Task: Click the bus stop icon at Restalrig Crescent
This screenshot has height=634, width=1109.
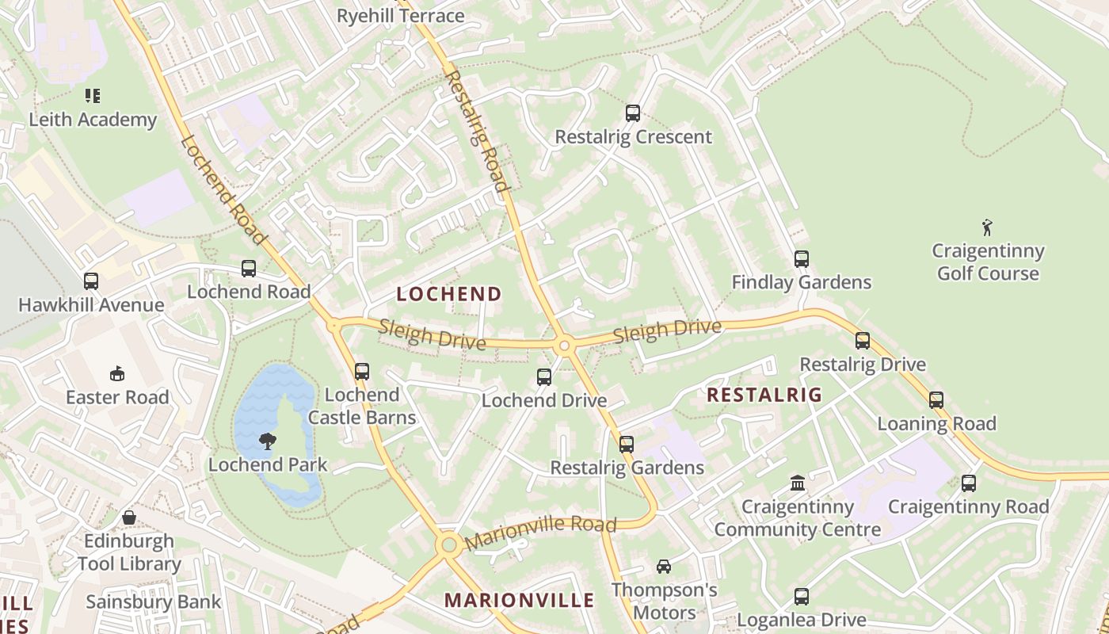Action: pyautogui.click(x=632, y=113)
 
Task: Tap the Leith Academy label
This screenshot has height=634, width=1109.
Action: pyautogui.click(x=93, y=120)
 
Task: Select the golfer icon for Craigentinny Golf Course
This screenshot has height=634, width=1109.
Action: pyautogui.click(x=987, y=228)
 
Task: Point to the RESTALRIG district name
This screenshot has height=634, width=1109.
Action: pyautogui.click(x=764, y=395)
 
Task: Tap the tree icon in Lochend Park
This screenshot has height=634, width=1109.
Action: pyautogui.click(x=268, y=441)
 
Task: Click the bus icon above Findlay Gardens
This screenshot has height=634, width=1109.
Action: pyautogui.click(x=801, y=259)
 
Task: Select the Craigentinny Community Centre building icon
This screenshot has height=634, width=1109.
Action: pyautogui.click(x=798, y=483)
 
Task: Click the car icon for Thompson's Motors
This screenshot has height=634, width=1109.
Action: pyautogui.click(x=664, y=567)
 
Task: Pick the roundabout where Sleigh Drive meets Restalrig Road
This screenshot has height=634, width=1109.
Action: pyautogui.click(x=564, y=346)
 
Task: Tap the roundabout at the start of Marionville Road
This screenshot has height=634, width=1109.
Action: pyautogui.click(x=449, y=544)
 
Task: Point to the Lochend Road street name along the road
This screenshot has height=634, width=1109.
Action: pyautogui.click(x=223, y=190)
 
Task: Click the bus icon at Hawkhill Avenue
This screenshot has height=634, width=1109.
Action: pyautogui.click(x=91, y=281)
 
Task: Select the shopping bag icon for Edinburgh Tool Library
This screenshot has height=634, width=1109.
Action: pyautogui.click(x=129, y=518)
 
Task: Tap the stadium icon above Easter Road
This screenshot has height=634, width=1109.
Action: pyautogui.click(x=117, y=373)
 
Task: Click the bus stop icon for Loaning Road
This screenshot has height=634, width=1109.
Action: pyautogui.click(x=936, y=400)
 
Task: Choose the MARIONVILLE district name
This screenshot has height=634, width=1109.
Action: pyautogui.click(x=519, y=600)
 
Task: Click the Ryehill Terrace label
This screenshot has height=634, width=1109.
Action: pyautogui.click(x=400, y=16)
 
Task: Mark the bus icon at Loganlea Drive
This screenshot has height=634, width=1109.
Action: pyautogui.click(x=801, y=597)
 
